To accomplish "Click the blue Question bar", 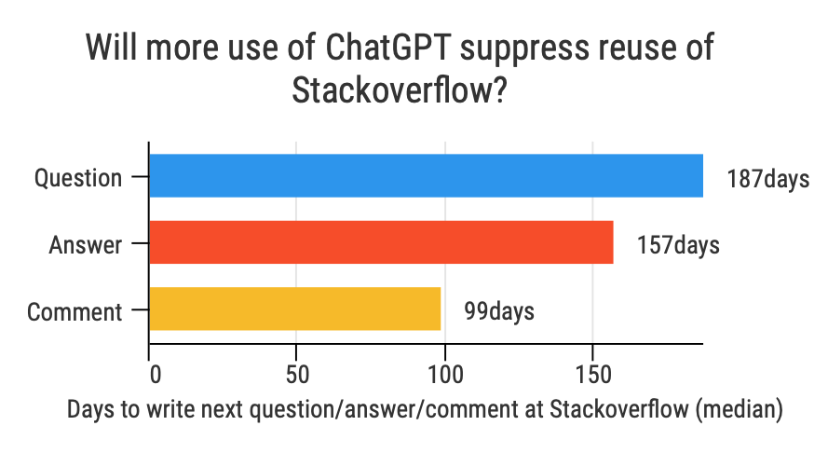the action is (x=427, y=175).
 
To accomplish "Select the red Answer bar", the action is (x=381, y=242).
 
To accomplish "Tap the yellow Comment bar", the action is (x=295, y=309).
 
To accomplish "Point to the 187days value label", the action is (x=768, y=179).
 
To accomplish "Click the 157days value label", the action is (x=678, y=245).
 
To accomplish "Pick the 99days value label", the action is (x=499, y=311).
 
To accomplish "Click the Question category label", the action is (x=78, y=178).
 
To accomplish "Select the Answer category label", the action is (x=86, y=245).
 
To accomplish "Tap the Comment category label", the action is (x=75, y=311).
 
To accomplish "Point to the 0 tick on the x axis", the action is (x=156, y=375).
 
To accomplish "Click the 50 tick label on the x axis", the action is (x=297, y=375).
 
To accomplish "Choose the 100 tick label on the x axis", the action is (x=445, y=375).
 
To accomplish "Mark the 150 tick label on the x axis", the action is (x=593, y=375).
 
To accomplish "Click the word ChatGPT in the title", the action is (x=387, y=47).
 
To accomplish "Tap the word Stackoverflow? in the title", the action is (x=400, y=90).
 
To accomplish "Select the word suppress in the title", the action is (x=523, y=49).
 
